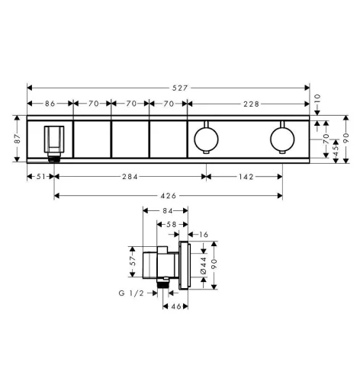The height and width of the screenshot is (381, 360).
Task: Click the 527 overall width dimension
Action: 180,88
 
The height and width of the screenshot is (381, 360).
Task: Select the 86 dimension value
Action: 50,104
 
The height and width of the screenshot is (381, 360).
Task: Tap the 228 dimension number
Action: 252,104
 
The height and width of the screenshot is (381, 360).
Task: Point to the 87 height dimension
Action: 18,139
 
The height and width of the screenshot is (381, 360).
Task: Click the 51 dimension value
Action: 40,177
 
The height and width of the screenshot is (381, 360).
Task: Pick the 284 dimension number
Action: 130,177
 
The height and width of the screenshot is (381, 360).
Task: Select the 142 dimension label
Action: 246,177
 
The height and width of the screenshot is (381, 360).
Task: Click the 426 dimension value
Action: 169,196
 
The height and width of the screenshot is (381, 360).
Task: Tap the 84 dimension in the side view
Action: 168,210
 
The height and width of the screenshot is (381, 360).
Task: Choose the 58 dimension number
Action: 172,225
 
